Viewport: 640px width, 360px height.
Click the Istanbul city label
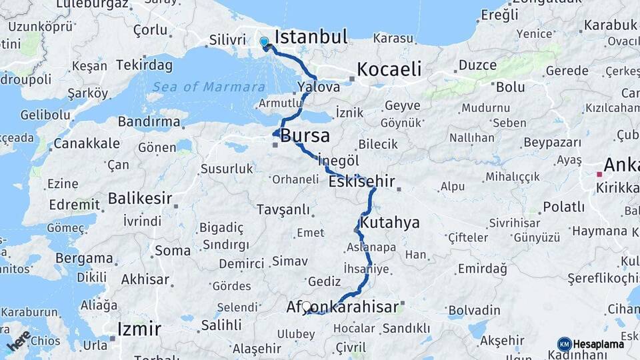coord(311,36)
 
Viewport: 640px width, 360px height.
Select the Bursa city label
coord(305,136)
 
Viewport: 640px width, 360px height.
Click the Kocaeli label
coord(389,69)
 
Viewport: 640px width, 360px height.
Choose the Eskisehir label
coord(362,181)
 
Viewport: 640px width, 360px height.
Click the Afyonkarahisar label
coord(343,307)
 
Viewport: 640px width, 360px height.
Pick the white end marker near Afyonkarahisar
coord(307,307)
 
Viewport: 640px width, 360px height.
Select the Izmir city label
coord(139,329)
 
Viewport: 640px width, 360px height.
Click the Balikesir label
coord(140,198)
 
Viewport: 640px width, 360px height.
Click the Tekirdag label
coord(144,65)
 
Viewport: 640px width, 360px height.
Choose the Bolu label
coord(510,87)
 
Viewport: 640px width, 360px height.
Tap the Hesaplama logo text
coord(598,344)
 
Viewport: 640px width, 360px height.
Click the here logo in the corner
coord(18,340)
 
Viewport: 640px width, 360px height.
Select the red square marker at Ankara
coord(599,175)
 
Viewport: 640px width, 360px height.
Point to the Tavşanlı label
coord(283,210)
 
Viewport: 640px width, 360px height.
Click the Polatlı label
coord(563,207)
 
